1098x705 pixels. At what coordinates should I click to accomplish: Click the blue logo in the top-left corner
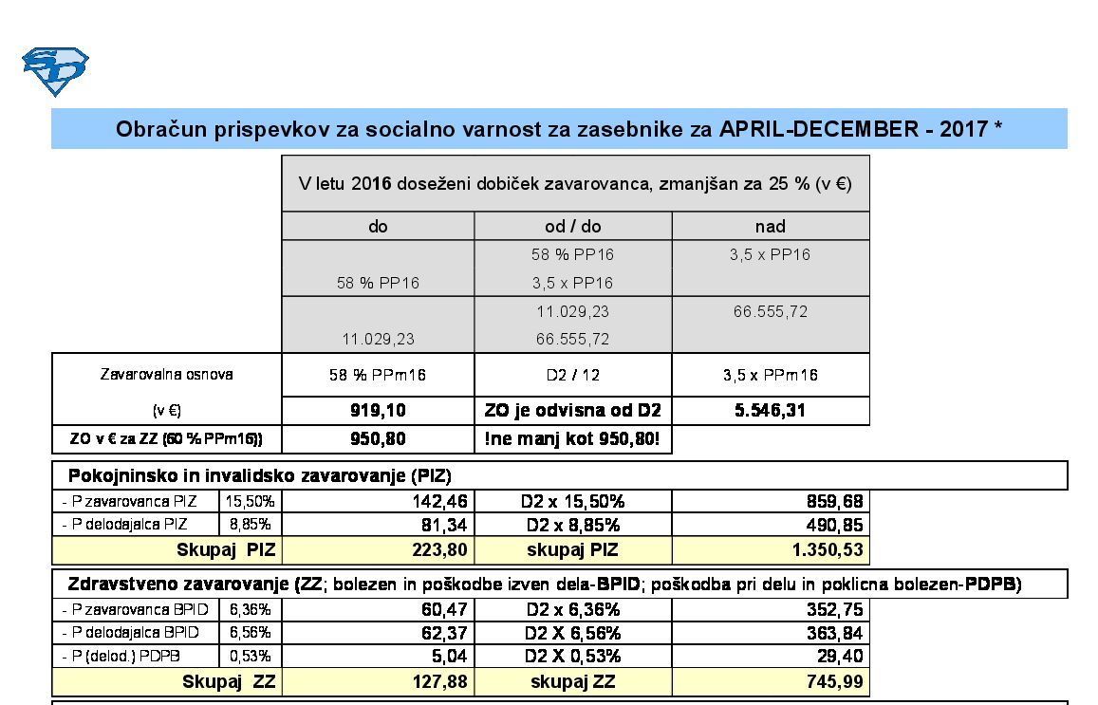tap(55, 71)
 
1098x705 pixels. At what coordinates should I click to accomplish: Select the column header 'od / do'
tap(572, 226)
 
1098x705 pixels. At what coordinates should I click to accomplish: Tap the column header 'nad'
tap(770, 226)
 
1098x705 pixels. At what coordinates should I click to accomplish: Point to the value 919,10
tap(378, 411)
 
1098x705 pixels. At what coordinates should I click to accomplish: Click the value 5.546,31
tap(770, 411)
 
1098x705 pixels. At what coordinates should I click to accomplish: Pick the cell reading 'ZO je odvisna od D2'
tap(572, 411)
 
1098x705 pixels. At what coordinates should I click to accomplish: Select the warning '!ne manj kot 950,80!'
tap(572, 440)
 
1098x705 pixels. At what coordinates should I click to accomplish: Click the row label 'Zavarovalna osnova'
tap(166, 374)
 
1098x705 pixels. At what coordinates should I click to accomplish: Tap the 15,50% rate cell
tap(251, 501)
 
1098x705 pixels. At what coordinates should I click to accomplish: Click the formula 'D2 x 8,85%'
tap(572, 525)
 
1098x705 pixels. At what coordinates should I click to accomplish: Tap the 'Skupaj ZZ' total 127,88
tap(442, 681)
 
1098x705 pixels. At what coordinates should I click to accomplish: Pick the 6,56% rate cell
tap(251, 633)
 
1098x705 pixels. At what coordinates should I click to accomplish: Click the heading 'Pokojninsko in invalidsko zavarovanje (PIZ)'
tap(259, 475)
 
